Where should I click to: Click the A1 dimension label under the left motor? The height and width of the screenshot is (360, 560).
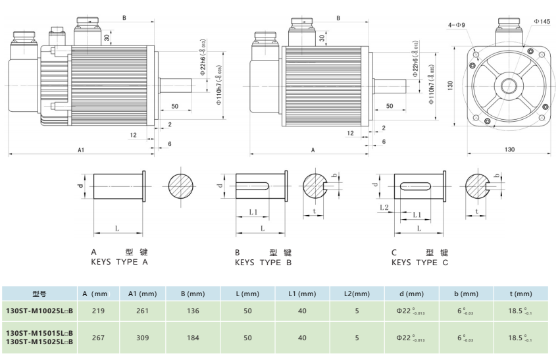point(81,150)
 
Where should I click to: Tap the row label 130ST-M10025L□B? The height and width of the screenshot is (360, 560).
point(39,310)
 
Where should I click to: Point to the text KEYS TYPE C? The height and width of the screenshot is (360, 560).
point(419,263)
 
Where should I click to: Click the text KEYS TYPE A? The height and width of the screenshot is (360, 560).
point(119,263)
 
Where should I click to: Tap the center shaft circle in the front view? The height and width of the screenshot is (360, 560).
point(509,85)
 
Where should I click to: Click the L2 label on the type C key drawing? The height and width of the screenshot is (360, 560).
point(385,208)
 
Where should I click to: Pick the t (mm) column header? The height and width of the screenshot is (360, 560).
point(520,294)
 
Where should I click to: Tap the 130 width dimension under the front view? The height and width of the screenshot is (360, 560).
point(509,149)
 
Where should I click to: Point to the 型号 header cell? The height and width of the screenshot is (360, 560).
point(39,294)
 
